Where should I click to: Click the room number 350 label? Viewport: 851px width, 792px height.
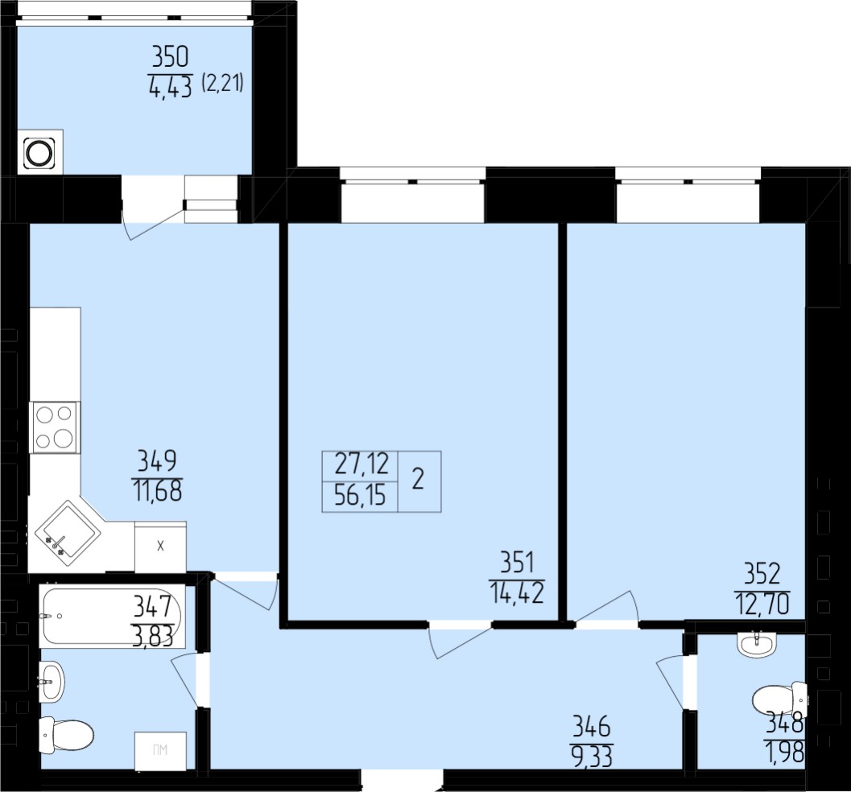tap(171, 58)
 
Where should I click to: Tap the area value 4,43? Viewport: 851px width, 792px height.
tap(171, 87)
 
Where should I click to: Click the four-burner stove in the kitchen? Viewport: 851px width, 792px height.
tap(55, 427)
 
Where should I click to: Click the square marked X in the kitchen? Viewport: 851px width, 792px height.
tap(160, 547)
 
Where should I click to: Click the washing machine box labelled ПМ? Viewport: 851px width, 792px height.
tap(160, 750)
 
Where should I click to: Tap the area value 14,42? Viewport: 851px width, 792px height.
tap(517, 592)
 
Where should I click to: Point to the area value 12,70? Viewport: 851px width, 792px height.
tap(762, 604)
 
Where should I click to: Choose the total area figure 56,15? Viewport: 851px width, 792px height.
tap(361, 496)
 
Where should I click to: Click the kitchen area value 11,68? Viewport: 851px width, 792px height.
tap(157, 491)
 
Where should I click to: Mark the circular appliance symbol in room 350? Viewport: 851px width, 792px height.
tap(40, 152)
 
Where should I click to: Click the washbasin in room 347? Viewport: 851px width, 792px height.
tap(52, 682)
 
